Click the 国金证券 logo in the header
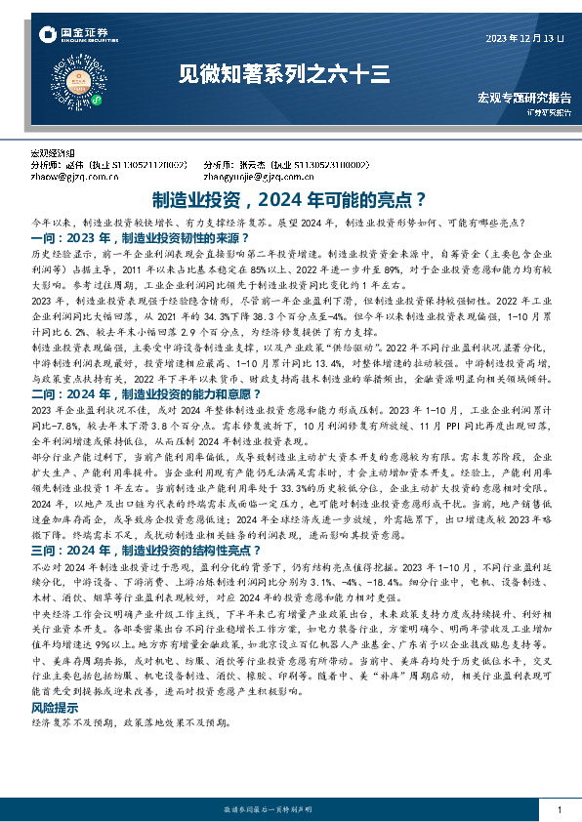click(x=67, y=36)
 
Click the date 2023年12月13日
click(x=525, y=38)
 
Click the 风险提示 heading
click(x=53, y=706)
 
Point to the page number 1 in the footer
click(x=558, y=810)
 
